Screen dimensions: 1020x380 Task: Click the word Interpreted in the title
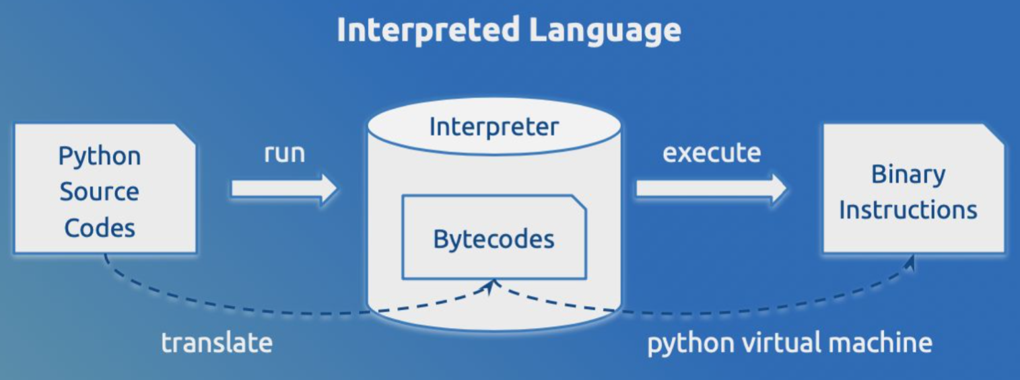click(x=428, y=30)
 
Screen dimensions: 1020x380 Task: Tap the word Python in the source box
click(x=100, y=157)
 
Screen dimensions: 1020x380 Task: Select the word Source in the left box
click(x=99, y=192)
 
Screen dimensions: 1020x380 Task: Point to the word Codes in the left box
click(x=100, y=227)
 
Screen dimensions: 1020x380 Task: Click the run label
click(x=285, y=154)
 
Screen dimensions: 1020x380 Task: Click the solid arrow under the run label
click(x=284, y=188)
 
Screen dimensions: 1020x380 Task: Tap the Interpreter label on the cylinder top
click(x=494, y=127)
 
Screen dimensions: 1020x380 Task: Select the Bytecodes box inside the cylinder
click(x=495, y=237)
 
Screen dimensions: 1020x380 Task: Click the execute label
click(x=712, y=153)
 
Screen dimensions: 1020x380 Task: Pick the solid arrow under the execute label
click(x=711, y=188)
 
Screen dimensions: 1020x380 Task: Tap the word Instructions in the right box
click(x=908, y=211)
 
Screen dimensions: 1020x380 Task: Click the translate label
click(x=217, y=343)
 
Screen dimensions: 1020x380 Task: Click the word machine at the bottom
click(x=881, y=343)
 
